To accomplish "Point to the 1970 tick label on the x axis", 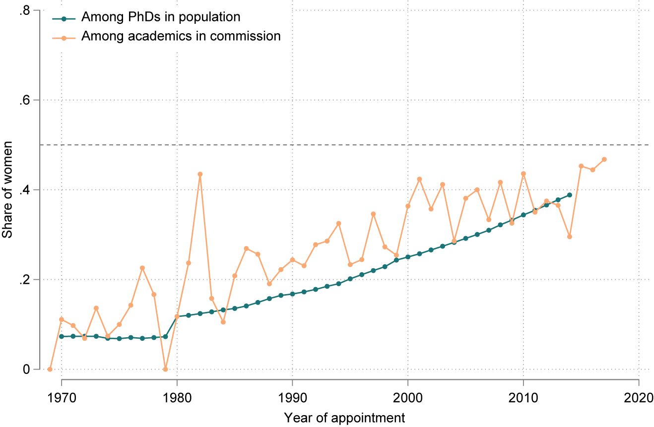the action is coord(62,398).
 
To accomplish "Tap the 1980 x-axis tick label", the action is coord(177,398).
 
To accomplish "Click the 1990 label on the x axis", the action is coord(292,398).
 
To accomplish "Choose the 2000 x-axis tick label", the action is coord(408,398).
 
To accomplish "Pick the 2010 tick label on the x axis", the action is coord(523,398).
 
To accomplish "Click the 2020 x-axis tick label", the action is coord(639,398).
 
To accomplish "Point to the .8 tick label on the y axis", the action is coord(24,10).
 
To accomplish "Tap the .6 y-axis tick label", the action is coord(24,100).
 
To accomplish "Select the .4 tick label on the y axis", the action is coord(24,190).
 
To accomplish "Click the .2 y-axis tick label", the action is coord(24,280).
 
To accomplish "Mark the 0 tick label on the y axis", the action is coord(27,369).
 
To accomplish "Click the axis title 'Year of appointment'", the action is coord(344,418).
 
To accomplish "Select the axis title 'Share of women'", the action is coord(7,190).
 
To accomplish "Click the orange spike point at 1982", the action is coord(200,174).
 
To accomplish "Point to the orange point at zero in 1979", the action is coord(166,369).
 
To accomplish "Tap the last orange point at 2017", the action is coord(604,159).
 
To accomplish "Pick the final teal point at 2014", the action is coord(570,195).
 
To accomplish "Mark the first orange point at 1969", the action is coord(50,369).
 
